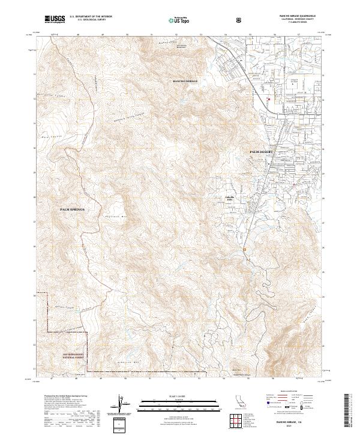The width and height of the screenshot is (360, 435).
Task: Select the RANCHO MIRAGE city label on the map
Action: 185,80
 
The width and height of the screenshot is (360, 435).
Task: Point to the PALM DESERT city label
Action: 261,152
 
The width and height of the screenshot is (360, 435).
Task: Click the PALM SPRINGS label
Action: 73,209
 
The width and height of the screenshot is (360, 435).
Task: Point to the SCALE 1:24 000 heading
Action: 179,396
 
